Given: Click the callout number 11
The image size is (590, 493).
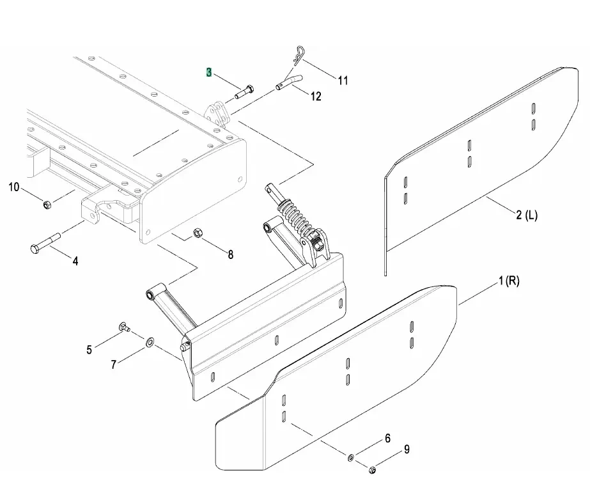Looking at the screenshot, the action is pos(343,81).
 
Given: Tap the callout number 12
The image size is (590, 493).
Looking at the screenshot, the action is pos(316,97).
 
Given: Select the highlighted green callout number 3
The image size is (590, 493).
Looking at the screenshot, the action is pos(209,72).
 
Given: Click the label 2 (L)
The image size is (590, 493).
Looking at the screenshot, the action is pos(527,215).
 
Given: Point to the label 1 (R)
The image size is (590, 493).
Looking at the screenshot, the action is pos(509,281).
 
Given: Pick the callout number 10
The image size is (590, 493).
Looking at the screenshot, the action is pos(13,187).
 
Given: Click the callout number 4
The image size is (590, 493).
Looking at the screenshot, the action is pos(75,261).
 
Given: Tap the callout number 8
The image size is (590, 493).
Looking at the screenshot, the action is pos(231,254).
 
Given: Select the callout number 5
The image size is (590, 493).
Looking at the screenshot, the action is pos(89,350).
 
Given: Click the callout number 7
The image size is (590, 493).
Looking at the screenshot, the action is pos(114,364).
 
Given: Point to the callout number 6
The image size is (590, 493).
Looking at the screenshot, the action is pos(387,439).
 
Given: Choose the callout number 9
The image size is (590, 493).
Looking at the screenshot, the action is pos(407,450).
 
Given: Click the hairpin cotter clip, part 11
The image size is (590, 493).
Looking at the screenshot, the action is pos(298,56).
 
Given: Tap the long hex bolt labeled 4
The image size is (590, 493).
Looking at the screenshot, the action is pos(45,244).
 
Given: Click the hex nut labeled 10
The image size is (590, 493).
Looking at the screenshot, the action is pos(47,205).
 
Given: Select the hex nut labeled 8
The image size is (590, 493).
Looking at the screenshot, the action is pos(198,233).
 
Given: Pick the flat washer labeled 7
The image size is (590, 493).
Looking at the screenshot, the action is pos(150,343).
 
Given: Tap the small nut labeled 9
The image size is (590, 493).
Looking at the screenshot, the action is pos(372,470).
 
